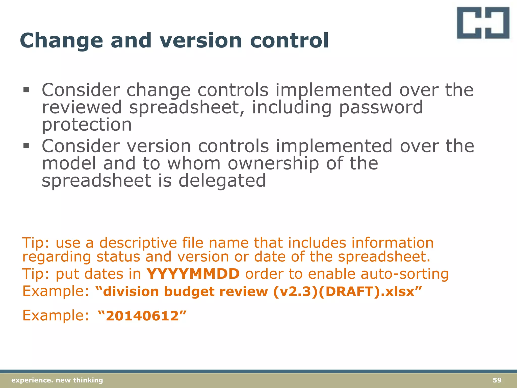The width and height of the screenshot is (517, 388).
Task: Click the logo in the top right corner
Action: [483, 23]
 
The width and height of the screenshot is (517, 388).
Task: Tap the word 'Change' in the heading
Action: [61, 41]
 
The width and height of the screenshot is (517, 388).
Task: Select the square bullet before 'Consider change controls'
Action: [26, 90]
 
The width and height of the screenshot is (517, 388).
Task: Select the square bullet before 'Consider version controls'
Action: [26, 146]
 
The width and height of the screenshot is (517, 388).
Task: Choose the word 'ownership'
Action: [273, 163]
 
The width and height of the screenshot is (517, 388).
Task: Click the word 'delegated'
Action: [222, 181]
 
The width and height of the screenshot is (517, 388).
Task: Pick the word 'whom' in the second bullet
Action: [194, 163]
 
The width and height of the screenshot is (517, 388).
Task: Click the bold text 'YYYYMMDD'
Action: [193, 274]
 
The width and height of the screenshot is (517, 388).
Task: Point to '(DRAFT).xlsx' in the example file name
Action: [367, 292]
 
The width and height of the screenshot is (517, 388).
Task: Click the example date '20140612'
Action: [142, 316]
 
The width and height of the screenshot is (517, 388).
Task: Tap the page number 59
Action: [497, 380]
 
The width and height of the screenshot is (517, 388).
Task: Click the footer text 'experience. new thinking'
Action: [57, 380]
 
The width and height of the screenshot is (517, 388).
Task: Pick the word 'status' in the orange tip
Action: [118, 257]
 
